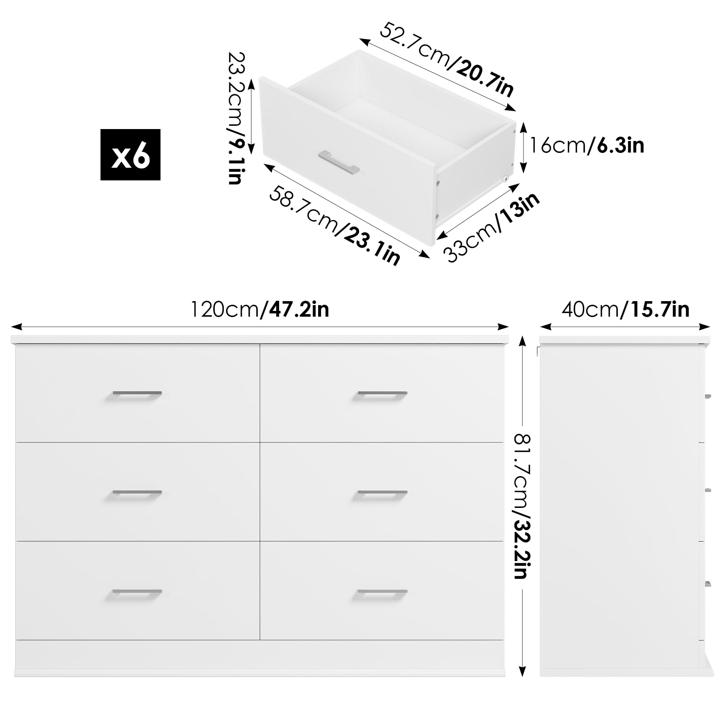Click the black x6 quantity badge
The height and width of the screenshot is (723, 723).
point(130,155)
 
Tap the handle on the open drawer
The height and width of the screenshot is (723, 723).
point(339,163)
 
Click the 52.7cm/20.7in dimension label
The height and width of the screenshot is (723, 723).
point(447,60)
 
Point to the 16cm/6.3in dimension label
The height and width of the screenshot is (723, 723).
point(586,145)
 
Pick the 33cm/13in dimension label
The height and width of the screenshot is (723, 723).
point(491,227)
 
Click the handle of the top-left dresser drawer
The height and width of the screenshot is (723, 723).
point(137,394)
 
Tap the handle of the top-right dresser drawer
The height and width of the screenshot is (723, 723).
point(382,394)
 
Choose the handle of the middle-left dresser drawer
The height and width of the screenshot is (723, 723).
point(137,493)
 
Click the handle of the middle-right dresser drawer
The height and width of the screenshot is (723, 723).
point(382,493)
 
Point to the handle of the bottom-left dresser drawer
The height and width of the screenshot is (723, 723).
point(137,592)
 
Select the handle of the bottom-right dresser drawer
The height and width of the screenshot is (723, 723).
point(382,592)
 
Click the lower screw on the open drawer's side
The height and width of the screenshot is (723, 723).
point(437,216)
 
